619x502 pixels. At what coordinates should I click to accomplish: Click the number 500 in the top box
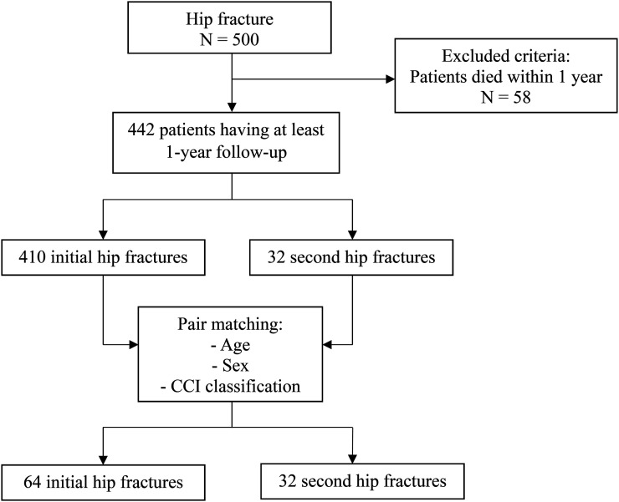(x=246, y=40)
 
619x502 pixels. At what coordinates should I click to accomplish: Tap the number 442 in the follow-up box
(x=141, y=129)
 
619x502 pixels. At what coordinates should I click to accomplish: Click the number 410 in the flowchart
(x=32, y=257)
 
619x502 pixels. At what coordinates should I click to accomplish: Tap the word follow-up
(x=251, y=153)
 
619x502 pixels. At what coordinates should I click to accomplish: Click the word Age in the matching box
(x=235, y=346)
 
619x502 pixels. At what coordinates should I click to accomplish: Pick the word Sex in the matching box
(x=236, y=366)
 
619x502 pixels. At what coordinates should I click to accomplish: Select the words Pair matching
(x=230, y=324)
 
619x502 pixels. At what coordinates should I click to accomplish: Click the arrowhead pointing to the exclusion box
(x=391, y=79)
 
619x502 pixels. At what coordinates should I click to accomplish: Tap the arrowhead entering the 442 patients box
(x=232, y=107)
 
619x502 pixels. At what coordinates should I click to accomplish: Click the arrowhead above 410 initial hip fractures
(x=103, y=235)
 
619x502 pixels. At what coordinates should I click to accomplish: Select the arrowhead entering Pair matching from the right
(x=327, y=345)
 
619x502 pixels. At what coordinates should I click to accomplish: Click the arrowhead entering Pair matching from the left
(x=134, y=345)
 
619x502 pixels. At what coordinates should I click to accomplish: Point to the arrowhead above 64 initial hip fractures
(x=103, y=459)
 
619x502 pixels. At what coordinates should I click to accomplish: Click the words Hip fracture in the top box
(x=229, y=19)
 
